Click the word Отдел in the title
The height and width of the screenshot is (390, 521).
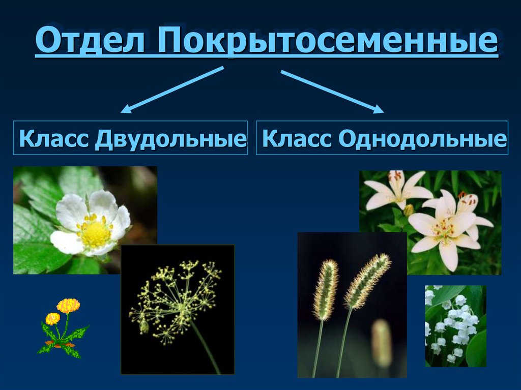coord(93,42)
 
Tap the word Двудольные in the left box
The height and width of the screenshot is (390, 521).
coord(170,138)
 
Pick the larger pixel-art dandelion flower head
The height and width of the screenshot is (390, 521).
coord(68,306)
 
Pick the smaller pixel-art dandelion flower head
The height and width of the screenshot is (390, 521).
coord(52,319)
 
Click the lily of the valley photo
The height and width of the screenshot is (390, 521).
coord(455,325)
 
